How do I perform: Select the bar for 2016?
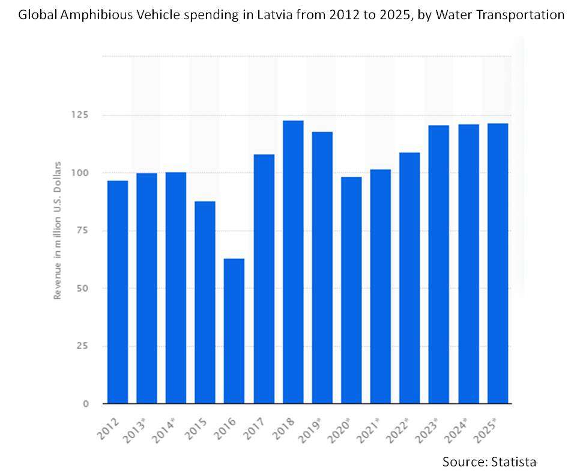point(234,331)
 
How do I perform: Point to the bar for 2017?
point(264,279)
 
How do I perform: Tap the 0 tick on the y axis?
point(85,404)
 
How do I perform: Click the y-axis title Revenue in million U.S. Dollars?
point(58,230)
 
